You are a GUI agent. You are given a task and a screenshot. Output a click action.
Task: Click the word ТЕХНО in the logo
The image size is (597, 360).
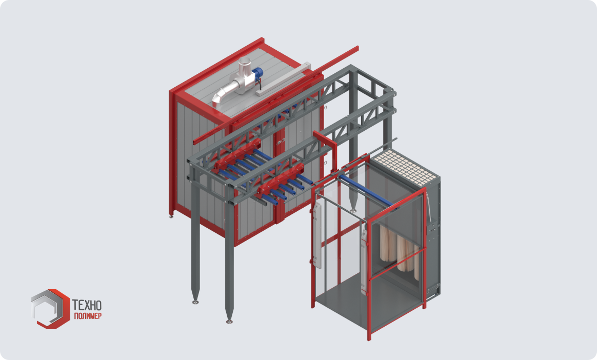[87, 305]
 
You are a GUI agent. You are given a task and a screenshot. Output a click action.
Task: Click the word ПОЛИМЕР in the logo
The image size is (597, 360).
[88, 316]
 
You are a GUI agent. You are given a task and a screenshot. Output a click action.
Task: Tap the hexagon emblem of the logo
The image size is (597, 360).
[50, 309]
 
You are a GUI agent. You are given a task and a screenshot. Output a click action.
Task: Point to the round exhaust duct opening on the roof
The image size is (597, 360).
[244, 61]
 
